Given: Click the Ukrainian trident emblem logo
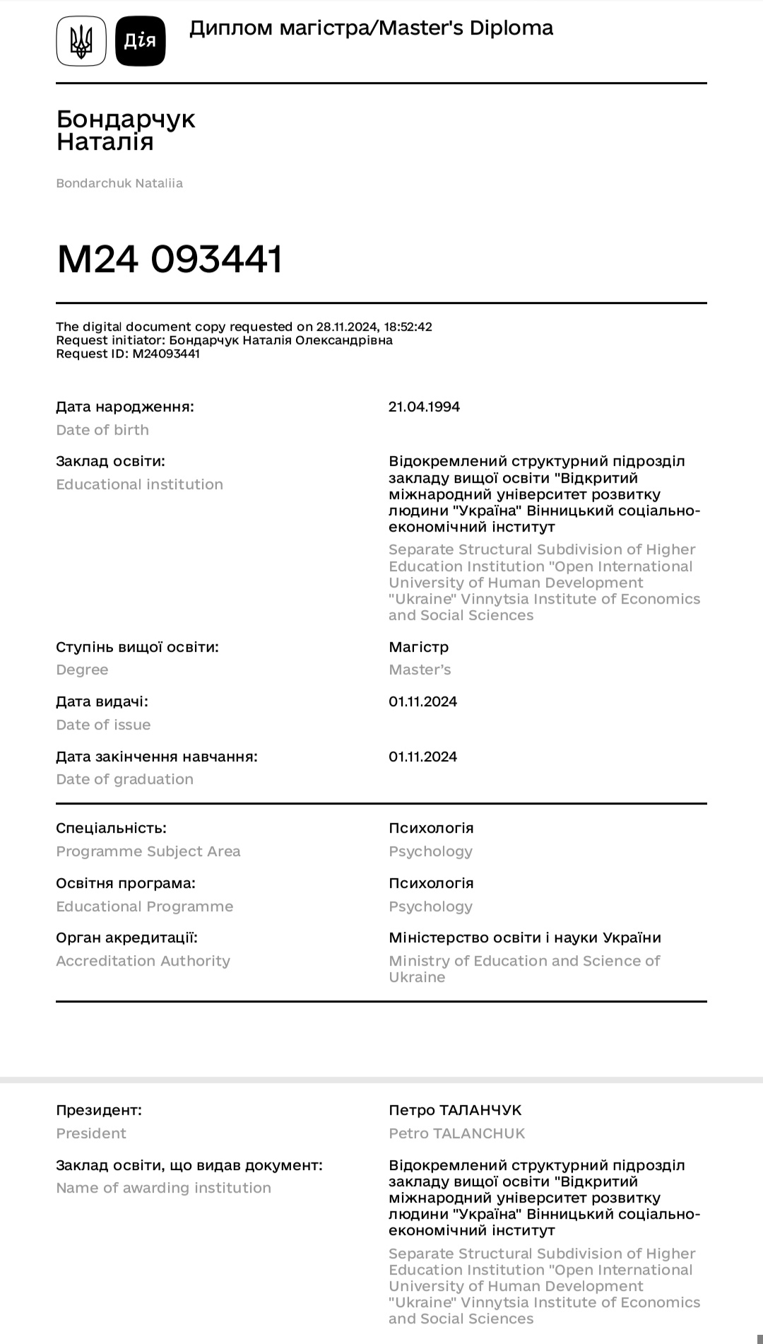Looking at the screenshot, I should [x=81, y=41].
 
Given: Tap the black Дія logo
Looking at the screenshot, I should [x=140, y=41].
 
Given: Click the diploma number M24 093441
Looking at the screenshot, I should [x=170, y=259].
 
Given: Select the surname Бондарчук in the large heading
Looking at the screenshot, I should [x=126, y=119].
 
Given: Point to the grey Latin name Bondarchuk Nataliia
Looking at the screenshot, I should [x=119, y=183].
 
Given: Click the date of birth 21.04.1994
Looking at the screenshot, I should [x=424, y=407].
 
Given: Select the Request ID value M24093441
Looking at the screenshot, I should [x=166, y=353].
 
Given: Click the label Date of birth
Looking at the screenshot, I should [x=102, y=430].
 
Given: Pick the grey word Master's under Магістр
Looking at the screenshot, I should [x=420, y=670].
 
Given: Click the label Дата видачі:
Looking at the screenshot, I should [x=102, y=701].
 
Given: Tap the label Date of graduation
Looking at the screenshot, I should [x=124, y=779].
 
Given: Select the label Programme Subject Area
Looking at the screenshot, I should [x=148, y=851].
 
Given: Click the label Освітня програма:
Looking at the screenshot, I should [x=126, y=883].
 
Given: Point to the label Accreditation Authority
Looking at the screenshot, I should [x=143, y=961].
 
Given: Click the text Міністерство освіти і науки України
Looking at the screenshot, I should [x=525, y=937].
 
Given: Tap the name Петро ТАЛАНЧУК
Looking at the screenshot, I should [x=455, y=1110].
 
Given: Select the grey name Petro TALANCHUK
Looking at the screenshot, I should [x=457, y=1133].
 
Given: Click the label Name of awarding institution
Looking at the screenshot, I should [x=163, y=1188].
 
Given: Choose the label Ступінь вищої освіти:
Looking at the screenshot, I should [x=137, y=647].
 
